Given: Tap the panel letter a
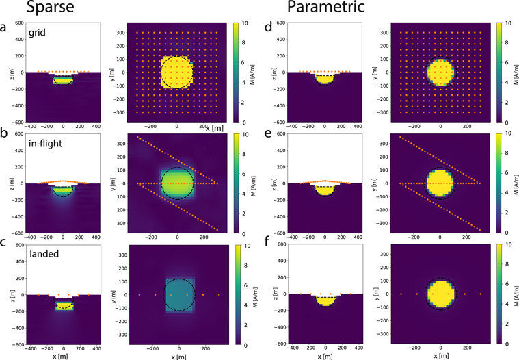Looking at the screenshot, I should click(5, 28).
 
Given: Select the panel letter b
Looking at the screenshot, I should click(5, 140).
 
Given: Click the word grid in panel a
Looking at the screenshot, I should click(38, 31).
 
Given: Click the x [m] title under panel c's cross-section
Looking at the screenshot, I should click(64, 355).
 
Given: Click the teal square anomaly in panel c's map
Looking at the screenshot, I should click(178, 294).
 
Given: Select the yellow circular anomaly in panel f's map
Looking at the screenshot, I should click(440, 294).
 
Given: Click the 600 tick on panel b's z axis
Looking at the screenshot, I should click(17, 134).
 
